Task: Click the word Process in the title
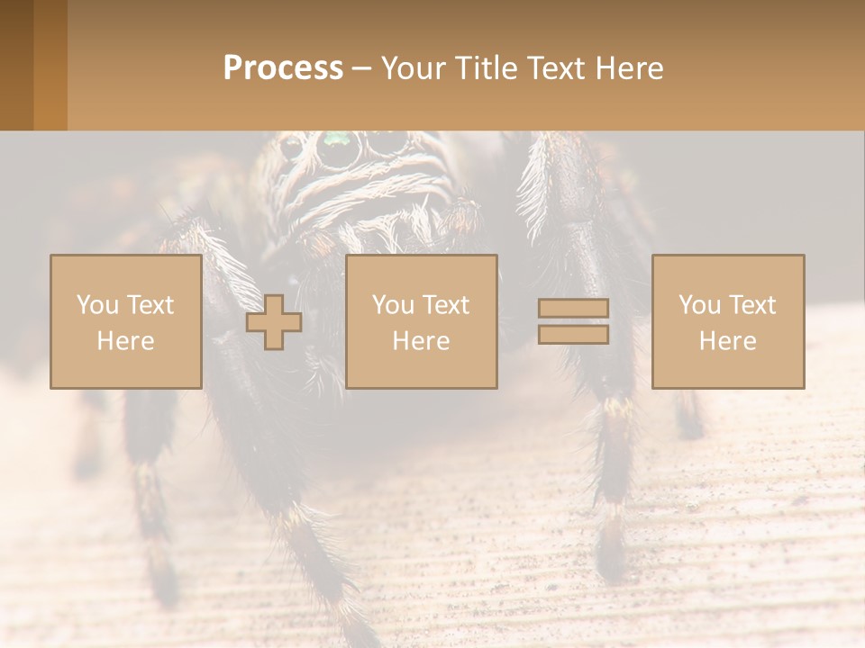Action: pos(283,68)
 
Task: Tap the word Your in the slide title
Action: pos(414,68)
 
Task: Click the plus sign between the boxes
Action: pos(274,322)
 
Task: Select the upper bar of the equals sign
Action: pos(573,308)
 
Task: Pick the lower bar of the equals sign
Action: pos(573,335)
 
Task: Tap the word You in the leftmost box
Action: pos(96,305)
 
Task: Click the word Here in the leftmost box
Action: pos(125,341)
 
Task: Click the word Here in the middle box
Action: pos(421,341)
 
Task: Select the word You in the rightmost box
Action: pos(699,305)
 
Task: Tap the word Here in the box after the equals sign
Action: pos(727,341)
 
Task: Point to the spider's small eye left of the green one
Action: pos(291,145)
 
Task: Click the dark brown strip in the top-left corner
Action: pos(16,65)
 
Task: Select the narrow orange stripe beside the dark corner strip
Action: pos(50,65)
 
